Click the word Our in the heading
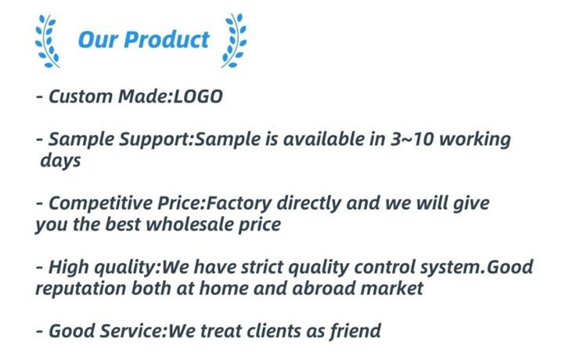point(97,40)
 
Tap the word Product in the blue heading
point(166,40)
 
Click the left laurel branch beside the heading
point(47,41)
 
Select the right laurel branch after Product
point(234,41)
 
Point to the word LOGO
point(198,96)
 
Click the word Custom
point(81,96)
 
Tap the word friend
point(355,331)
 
